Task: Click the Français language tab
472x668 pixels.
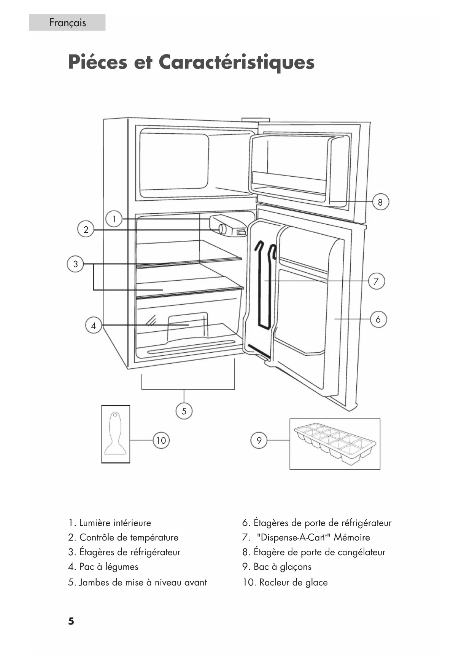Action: point(67,22)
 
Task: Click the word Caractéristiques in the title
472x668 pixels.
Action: point(237,62)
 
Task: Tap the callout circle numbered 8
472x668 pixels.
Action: point(380,202)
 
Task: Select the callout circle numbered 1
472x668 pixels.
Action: point(114,219)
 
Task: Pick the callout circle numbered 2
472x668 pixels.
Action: point(86,229)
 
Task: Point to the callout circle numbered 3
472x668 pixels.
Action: point(75,264)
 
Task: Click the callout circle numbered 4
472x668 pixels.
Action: point(93,326)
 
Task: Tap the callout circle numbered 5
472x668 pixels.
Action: point(184,411)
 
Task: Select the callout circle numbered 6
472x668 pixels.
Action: point(378,319)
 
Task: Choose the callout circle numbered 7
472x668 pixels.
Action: point(376,281)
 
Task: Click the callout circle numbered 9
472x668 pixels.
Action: point(259,440)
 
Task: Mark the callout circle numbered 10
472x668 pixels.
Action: point(161,440)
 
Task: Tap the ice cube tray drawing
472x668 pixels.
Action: point(335,444)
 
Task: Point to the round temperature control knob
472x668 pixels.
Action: point(222,229)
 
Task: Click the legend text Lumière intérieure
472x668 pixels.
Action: point(115,523)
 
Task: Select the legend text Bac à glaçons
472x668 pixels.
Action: point(283,567)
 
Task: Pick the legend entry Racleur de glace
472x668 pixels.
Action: point(293,582)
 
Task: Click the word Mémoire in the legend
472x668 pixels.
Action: point(352,537)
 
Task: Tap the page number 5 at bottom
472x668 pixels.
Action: point(71,621)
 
